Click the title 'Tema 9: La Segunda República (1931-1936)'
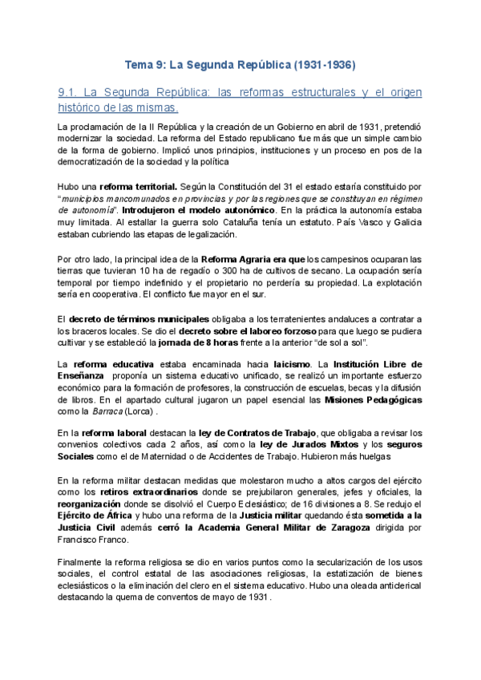click(240, 63)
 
